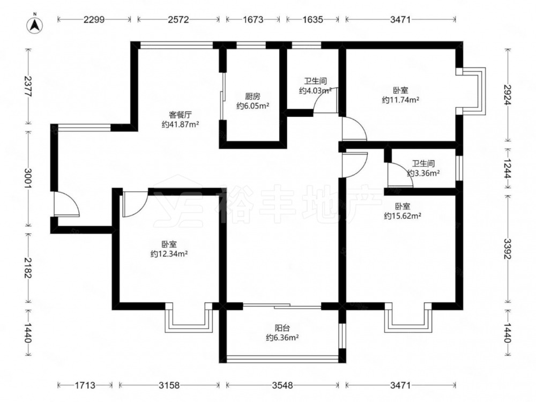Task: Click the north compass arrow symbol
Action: (34, 24)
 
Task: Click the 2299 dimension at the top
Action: (94, 19)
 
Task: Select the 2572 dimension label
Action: (178, 19)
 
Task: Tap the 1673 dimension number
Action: (253, 19)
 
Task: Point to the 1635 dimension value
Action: (312, 19)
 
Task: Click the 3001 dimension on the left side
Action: (28, 178)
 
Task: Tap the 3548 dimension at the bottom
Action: (282, 385)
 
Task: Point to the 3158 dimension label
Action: (169, 385)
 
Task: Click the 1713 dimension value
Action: (85, 385)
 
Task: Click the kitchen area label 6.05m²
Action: (253, 106)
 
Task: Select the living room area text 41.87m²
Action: (180, 124)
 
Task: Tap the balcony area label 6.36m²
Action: (282, 338)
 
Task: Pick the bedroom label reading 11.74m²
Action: (400, 100)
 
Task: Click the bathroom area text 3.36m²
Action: (423, 173)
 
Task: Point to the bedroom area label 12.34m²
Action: (169, 254)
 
